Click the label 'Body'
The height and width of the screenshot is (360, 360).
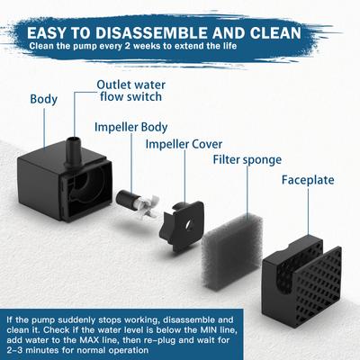click(x=43, y=99)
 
